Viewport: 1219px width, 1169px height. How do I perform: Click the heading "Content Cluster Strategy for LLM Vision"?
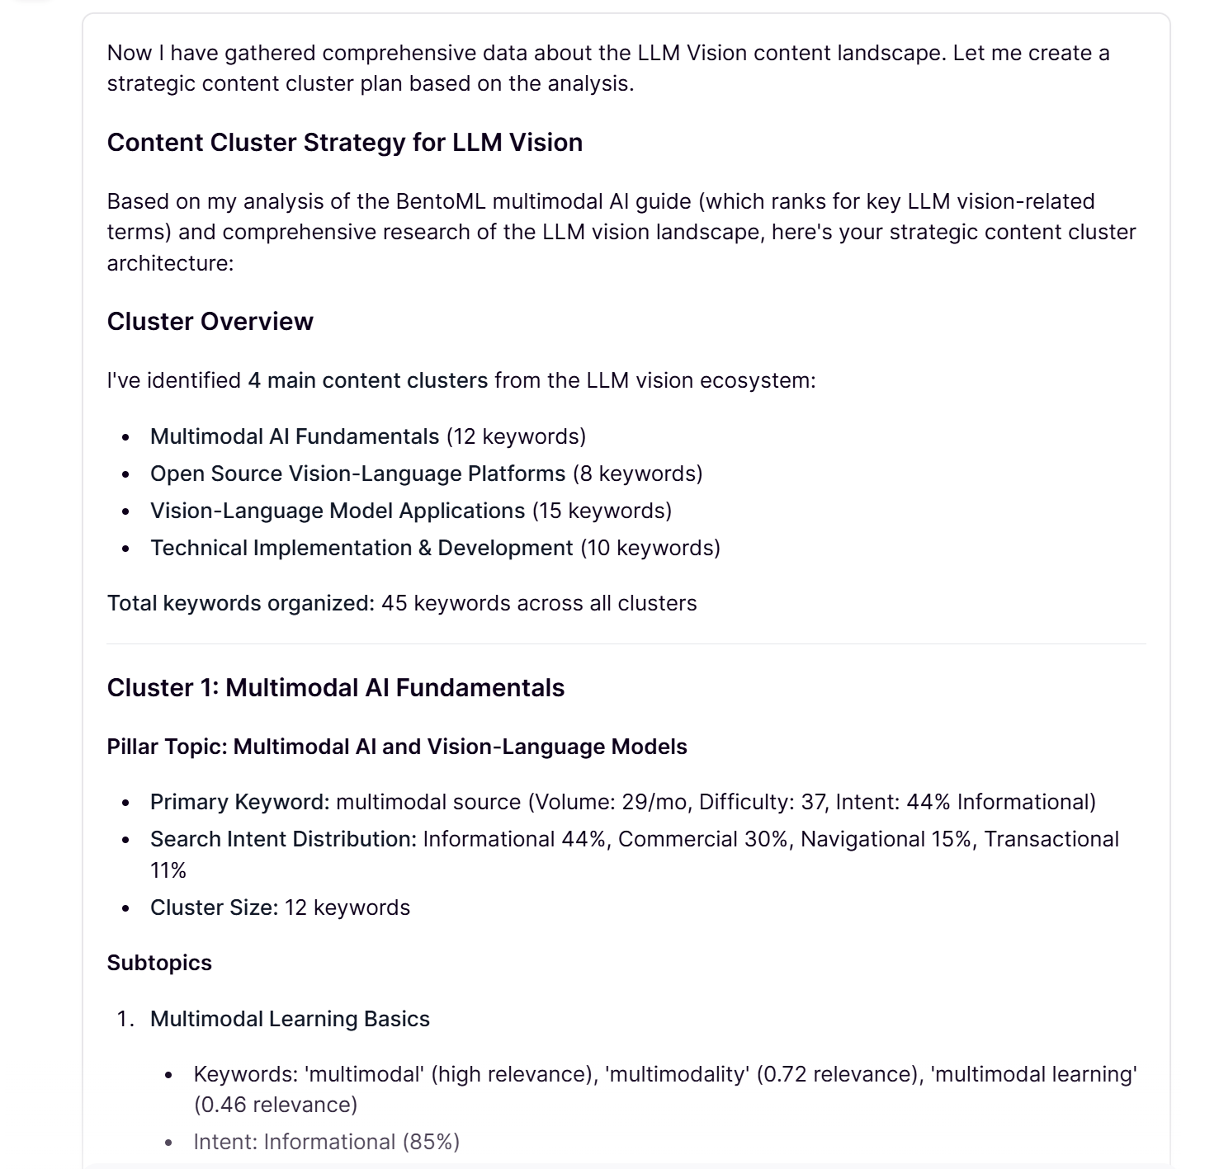[344, 143]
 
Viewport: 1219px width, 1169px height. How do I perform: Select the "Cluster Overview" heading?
[210, 322]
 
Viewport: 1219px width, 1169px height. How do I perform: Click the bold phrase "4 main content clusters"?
[367, 380]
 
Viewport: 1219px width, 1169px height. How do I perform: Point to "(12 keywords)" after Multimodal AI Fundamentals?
[516, 436]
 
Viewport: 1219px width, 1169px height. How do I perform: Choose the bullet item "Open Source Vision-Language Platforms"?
[357, 474]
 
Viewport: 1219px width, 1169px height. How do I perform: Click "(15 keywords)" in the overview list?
[602, 511]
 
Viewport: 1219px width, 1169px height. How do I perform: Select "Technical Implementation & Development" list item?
[361, 548]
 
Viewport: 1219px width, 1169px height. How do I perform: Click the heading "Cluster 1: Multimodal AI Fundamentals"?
[335, 688]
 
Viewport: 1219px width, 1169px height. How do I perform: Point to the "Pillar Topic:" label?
[167, 747]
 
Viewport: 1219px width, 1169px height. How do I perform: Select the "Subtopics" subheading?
[159, 963]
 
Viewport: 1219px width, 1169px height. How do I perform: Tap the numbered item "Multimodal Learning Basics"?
[290, 1019]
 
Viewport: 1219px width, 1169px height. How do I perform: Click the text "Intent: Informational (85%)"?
[326, 1142]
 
